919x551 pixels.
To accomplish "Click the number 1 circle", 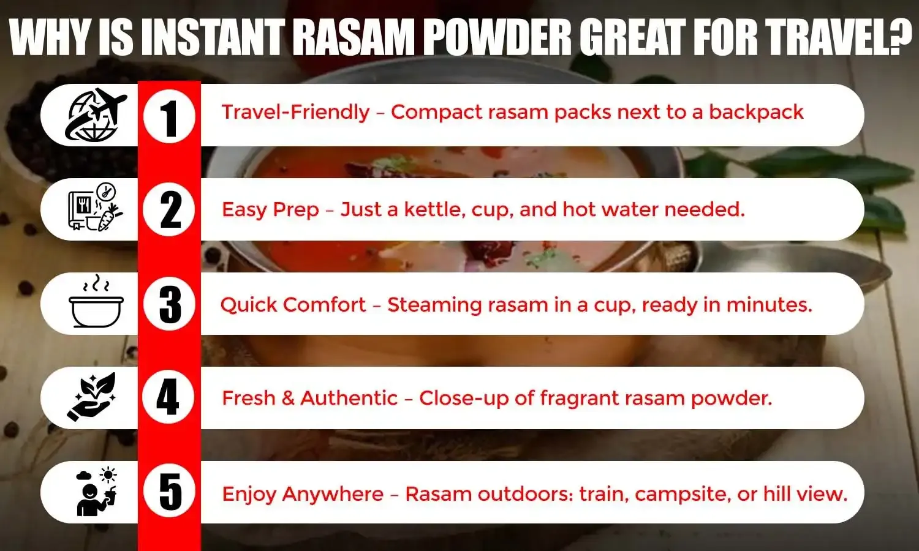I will click(x=169, y=116).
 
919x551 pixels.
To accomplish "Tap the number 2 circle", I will click(x=169, y=209).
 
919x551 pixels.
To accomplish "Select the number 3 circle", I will click(x=169, y=304).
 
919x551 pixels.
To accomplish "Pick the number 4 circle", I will click(x=169, y=397).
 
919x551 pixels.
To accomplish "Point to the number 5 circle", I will click(x=169, y=492).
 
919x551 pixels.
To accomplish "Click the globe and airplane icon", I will click(x=96, y=115).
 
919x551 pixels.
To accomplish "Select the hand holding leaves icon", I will click(x=92, y=397).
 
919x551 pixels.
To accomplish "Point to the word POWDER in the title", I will click(x=497, y=38).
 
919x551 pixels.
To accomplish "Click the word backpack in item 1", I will click(x=756, y=112).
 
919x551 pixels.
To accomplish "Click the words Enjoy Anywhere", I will click(x=303, y=494).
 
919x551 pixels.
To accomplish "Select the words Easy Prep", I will click(x=270, y=209).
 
